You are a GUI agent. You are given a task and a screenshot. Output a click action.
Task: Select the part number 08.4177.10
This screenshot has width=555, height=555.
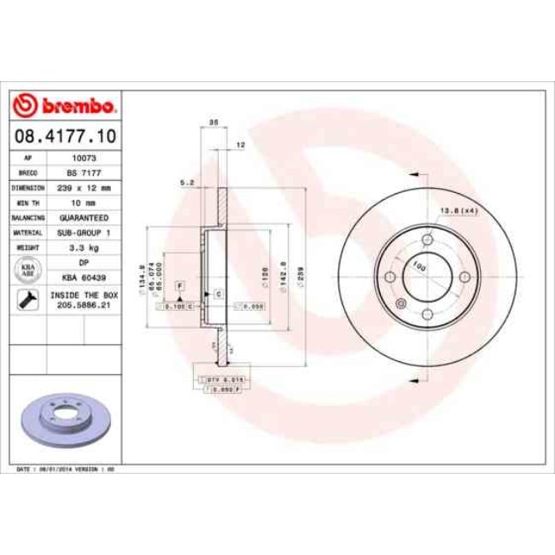coord(64,135)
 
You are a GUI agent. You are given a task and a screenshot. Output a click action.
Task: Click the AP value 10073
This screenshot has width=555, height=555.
coord(84,158)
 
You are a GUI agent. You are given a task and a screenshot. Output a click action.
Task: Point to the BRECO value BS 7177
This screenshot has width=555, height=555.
coord(84,172)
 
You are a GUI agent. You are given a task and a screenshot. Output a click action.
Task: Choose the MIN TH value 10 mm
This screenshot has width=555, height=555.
coord(84,202)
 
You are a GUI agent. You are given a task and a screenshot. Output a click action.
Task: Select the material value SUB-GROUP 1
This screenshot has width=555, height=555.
coord(84,231)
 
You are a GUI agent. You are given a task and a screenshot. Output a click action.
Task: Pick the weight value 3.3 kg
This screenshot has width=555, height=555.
coord(84,246)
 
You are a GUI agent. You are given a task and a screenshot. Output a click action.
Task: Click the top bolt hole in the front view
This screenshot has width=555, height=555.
coord(428,241)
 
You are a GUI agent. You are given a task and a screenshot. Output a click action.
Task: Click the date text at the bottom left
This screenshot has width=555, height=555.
coord(67,470)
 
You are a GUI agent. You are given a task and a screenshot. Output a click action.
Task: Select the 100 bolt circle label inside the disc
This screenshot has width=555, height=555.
coord(419,266)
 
